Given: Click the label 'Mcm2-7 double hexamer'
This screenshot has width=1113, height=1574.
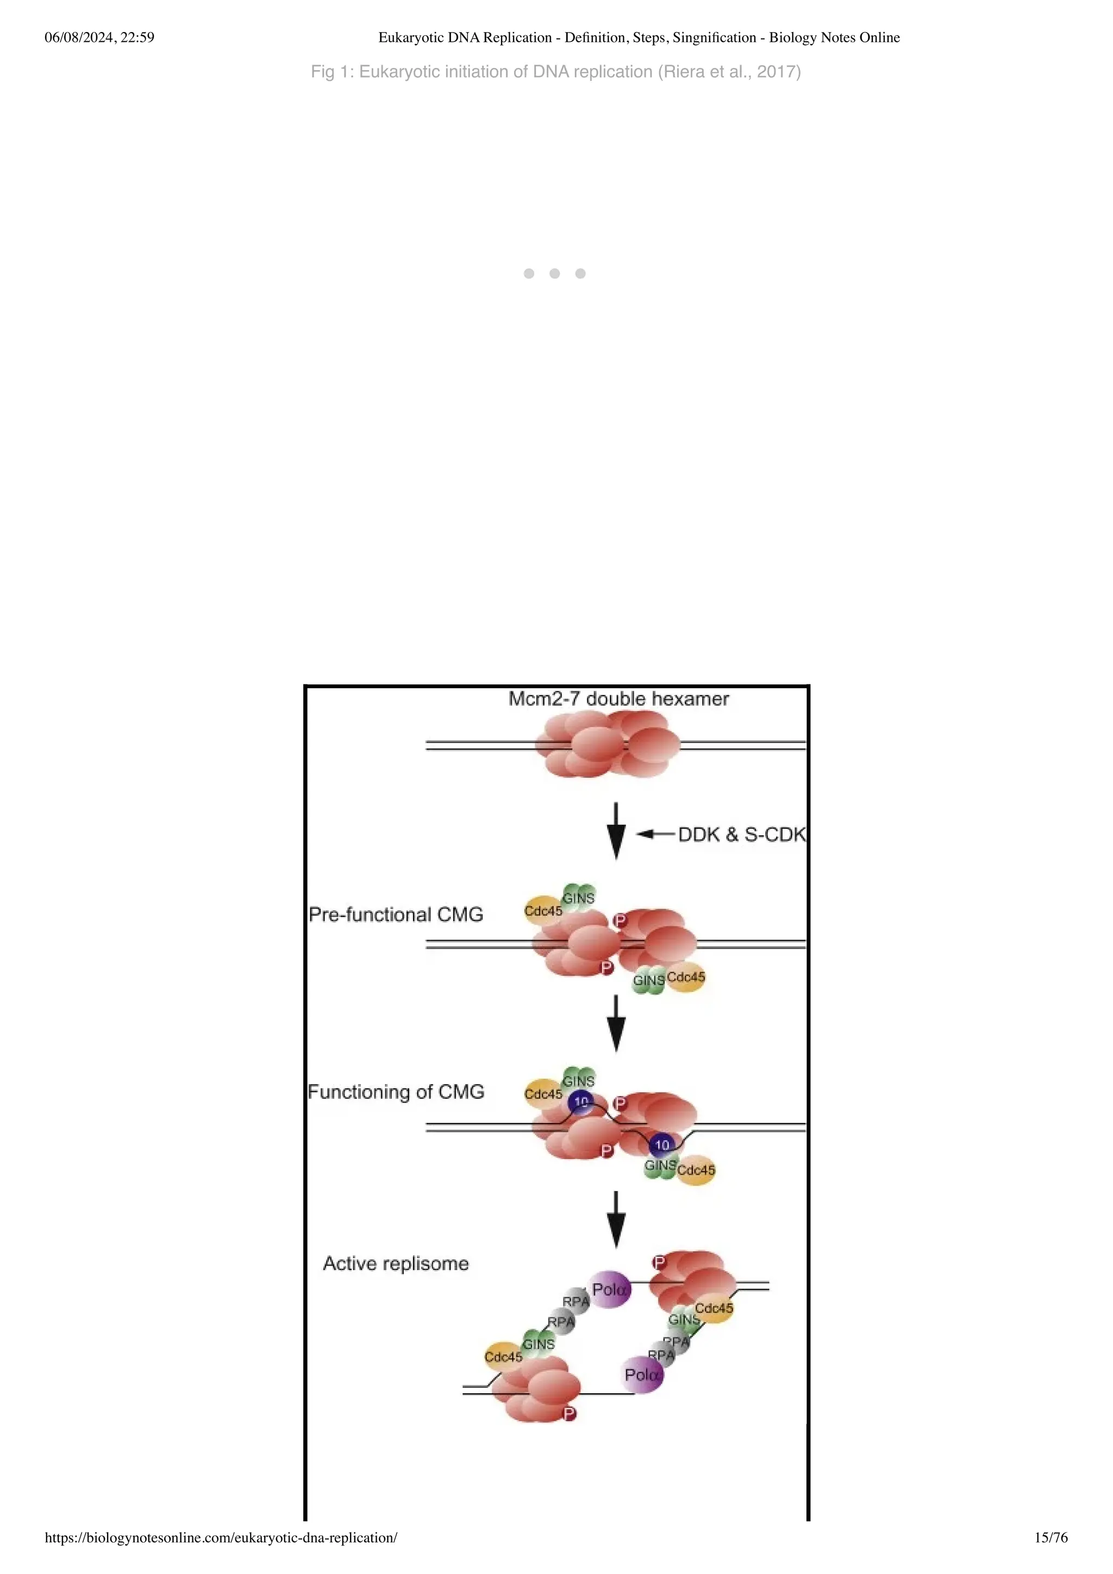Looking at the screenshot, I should [x=618, y=698].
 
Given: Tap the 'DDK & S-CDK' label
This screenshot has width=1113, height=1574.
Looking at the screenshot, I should [x=741, y=834].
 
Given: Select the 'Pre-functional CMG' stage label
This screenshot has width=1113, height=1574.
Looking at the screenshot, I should [x=396, y=915].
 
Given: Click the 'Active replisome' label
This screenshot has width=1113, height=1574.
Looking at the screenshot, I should [x=396, y=1263].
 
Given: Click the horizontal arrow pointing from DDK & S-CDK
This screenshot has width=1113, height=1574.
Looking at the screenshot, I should [x=655, y=834].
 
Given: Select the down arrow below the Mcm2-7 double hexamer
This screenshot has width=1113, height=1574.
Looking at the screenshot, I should [x=616, y=830].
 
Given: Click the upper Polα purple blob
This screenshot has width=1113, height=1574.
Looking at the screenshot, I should [x=610, y=1289].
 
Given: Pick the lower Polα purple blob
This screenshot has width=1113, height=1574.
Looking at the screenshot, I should [x=642, y=1375].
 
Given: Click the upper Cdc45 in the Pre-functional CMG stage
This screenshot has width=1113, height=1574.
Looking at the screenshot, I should [x=542, y=910].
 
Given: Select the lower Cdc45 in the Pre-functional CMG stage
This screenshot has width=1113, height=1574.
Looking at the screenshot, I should [x=686, y=977].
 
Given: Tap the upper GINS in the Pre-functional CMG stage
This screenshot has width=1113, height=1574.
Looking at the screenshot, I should [x=578, y=897].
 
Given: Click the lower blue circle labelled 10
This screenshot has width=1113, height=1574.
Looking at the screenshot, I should [x=662, y=1145].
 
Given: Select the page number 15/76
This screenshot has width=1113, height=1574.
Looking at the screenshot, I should [x=1051, y=1538].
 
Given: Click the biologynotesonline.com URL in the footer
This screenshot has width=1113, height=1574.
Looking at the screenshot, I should [x=221, y=1538].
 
